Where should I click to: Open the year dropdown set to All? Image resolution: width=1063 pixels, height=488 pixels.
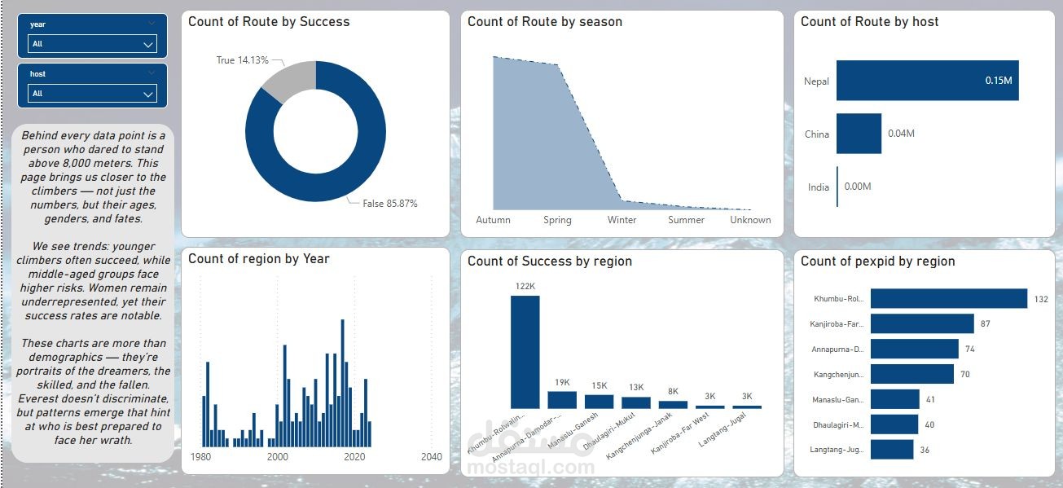click(92, 44)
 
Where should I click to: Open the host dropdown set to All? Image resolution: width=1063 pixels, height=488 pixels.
click(92, 94)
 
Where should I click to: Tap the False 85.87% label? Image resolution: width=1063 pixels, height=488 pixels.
click(389, 204)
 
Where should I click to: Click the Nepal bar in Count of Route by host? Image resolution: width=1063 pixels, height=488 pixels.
click(927, 81)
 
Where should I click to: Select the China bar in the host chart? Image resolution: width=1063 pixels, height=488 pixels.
click(859, 134)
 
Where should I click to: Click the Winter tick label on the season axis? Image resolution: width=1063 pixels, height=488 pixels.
click(622, 220)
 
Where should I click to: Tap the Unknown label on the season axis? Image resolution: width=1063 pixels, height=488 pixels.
click(750, 220)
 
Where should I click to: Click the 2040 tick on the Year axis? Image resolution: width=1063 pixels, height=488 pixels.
click(431, 457)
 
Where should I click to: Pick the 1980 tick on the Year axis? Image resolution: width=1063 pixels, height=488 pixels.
click(200, 457)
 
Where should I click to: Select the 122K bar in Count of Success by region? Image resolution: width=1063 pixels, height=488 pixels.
click(525, 351)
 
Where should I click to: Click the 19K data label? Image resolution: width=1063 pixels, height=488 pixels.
click(562, 382)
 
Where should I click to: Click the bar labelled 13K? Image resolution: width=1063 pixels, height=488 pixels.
click(636, 402)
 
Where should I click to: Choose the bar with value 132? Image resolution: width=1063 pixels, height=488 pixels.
click(948, 299)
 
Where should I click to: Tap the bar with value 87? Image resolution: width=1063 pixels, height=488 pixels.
click(921, 324)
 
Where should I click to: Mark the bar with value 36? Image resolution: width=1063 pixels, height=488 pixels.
click(892, 450)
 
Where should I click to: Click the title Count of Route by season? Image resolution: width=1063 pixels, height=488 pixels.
click(544, 22)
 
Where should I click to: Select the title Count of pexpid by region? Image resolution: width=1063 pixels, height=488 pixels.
click(877, 262)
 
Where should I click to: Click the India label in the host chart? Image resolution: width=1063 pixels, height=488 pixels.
click(818, 187)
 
